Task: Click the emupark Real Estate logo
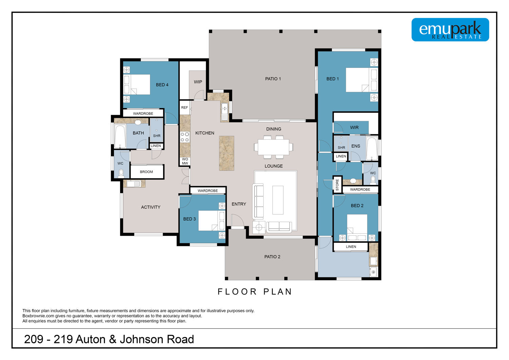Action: coord(450,30)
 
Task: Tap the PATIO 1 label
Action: coord(273,79)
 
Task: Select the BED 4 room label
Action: coord(162,85)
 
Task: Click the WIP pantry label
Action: coord(198,82)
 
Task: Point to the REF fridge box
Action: coord(185,108)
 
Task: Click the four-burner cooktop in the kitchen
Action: coord(185,137)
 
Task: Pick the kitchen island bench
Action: coord(227,153)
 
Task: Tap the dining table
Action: coord(274,147)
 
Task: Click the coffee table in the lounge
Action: coord(278,200)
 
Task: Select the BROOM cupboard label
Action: coord(146,172)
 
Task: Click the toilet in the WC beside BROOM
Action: coord(121,174)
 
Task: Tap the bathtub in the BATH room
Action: coord(120,136)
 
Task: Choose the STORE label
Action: coord(337,185)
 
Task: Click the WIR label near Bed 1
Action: coord(354,128)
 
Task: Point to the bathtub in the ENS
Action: coord(372,148)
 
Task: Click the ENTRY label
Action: coord(239,204)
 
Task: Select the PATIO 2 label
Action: coord(272,257)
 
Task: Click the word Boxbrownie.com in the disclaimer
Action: coord(38,316)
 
